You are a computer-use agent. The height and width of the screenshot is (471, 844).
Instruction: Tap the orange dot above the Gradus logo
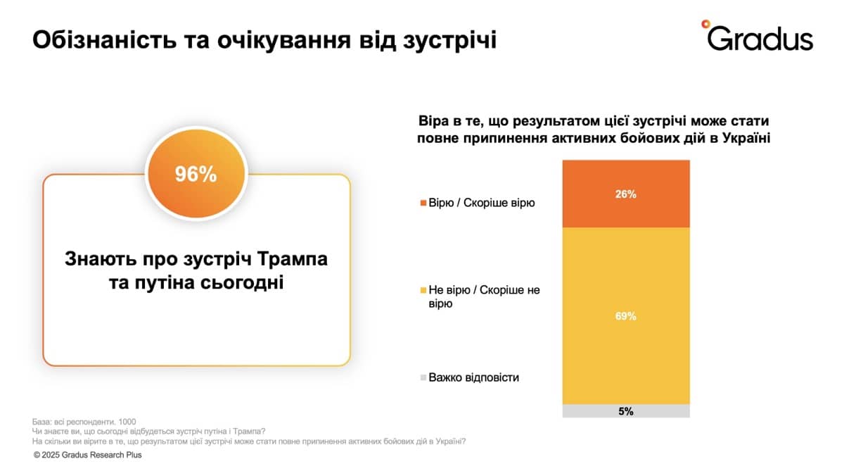705,23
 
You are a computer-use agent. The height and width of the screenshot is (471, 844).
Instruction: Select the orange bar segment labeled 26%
625,194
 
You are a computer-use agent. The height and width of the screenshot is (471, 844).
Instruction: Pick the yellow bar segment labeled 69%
625,316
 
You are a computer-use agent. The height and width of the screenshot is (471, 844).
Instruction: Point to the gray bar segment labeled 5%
625,411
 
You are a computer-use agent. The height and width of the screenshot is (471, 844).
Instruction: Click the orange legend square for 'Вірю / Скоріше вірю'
423,203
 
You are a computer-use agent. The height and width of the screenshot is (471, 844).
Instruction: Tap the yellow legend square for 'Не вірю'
423,290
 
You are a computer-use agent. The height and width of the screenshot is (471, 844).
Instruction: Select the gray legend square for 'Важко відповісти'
423,378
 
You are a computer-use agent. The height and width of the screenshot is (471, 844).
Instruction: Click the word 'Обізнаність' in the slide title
96,39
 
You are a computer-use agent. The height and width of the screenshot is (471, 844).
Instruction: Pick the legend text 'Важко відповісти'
473,377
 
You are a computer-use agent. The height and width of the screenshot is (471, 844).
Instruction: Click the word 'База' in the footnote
42,420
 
